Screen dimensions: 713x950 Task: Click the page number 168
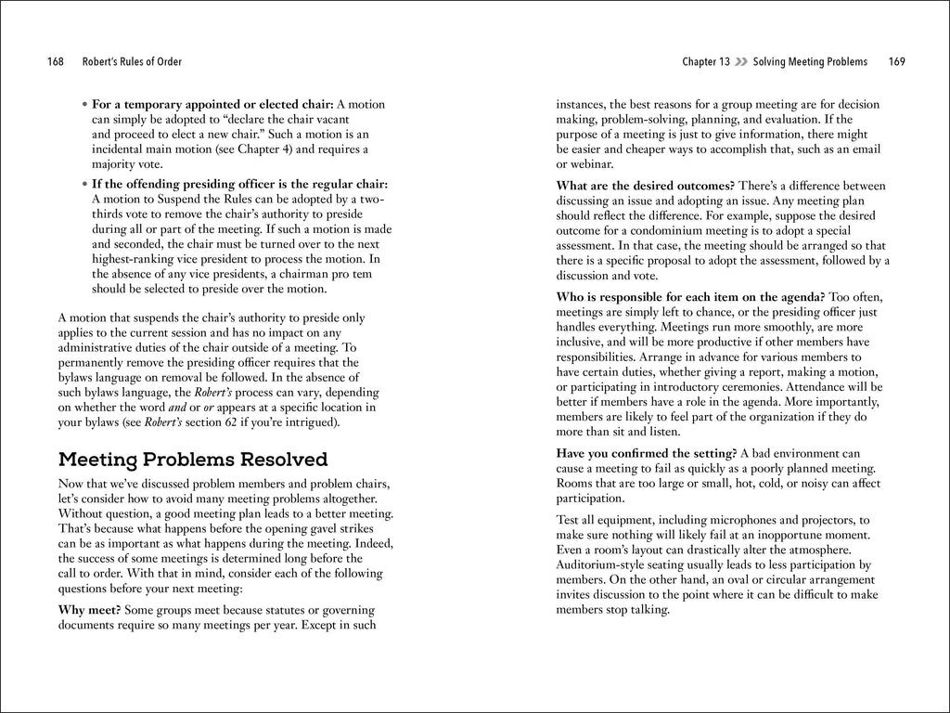tap(55, 62)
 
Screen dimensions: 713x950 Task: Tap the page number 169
tap(895, 62)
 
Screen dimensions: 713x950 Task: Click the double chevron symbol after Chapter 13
tap(740, 62)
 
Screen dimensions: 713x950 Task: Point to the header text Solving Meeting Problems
tap(810, 62)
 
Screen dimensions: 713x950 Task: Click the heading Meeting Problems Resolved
tap(192, 460)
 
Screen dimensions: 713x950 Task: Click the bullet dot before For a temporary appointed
tap(84, 105)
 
